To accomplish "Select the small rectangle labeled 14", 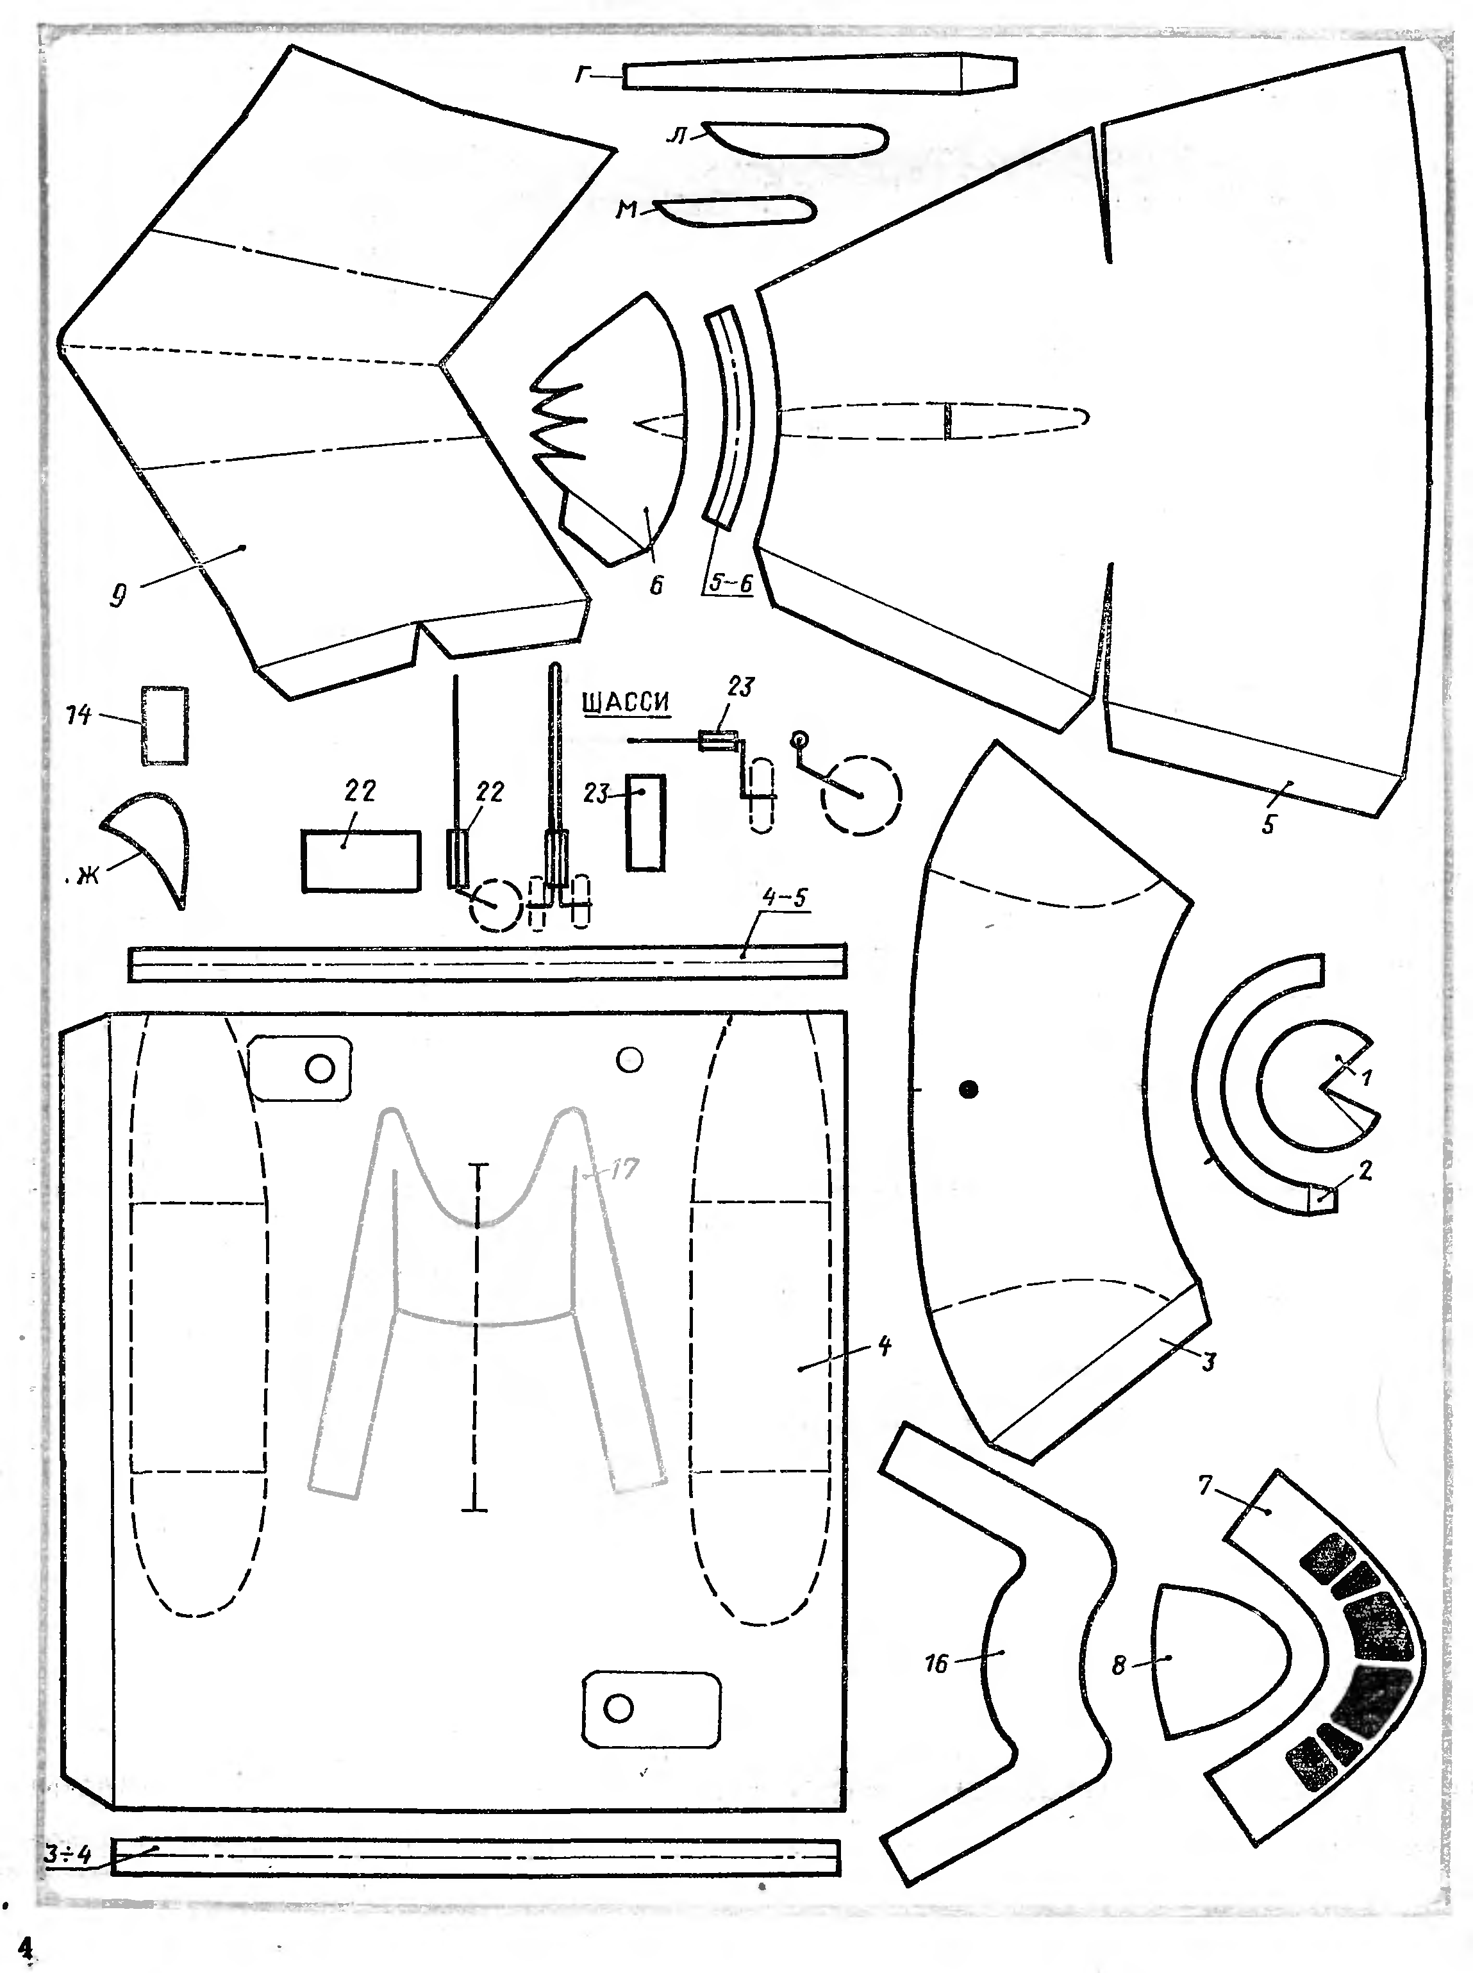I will tap(165, 725).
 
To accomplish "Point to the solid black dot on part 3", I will tap(969, 1088).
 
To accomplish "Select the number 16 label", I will tap(936, 1663).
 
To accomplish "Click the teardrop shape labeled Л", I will tap(794, 140).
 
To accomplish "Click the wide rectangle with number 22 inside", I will tap(360, 860).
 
